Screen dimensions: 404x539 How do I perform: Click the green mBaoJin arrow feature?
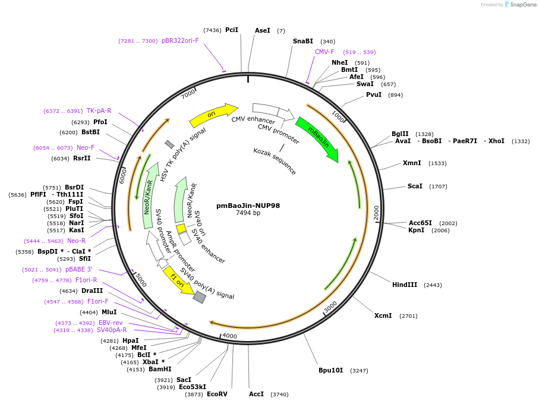pyautogui.click(x=317, y=139)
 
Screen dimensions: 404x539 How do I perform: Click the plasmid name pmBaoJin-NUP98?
pyautogui.click(x=248, y=206)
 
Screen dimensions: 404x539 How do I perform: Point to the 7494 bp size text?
pyautogui.click(x=248, y=213)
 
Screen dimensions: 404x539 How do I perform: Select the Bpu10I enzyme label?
pyautogui.click(x=330, y=371)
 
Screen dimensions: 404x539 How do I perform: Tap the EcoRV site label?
pyautogui.click(x=217, y=394)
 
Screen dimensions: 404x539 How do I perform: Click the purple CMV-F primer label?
pyautogui.click(x=324, y=52)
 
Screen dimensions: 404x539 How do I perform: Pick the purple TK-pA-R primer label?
pyautogui.click(x=99, y=111)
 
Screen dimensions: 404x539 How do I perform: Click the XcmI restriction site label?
pyautogui.click(x=383, y=315)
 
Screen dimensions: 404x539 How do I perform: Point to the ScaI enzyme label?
pyautogui.click(x=415, y=186)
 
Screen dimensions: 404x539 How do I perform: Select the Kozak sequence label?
pyautogui.click(x=275, y=161)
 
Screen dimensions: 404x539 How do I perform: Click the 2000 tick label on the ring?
pyautogui.click(x=376, y=212)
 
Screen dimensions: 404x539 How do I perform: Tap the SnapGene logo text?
pyautogui.click(x=521, y=5)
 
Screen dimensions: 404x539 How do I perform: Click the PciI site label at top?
pyautogui.click(x=232, y=30)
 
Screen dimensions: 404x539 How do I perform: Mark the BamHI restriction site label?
pyautogui.click(x=160, y=369)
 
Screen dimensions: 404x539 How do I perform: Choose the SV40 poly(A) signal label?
pyautogui.click(x=207, y=283)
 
